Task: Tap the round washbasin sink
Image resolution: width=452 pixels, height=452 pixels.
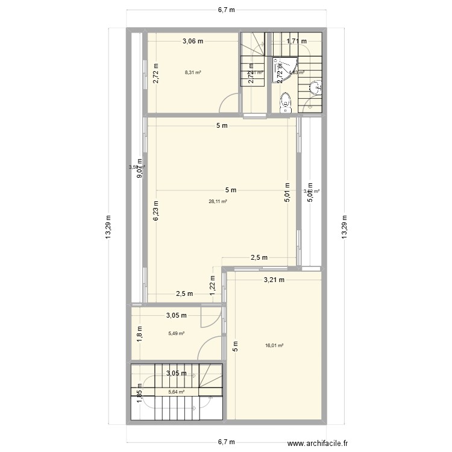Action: coord(315,90)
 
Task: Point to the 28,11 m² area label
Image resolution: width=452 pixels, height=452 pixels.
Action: coord(218,202)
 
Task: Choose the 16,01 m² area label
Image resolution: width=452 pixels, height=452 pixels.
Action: coord(274,346)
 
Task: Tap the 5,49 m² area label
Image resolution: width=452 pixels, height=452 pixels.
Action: coord(176,333)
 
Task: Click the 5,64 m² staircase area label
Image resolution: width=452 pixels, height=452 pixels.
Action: coord(176,391)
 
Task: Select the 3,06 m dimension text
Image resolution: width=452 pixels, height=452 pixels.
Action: coord(193,41)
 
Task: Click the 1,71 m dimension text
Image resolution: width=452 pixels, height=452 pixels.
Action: coord(296,41)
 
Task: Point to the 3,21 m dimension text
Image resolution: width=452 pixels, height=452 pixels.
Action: coord(274,280)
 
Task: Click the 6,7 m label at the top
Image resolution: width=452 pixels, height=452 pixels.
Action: coord(226,9)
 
